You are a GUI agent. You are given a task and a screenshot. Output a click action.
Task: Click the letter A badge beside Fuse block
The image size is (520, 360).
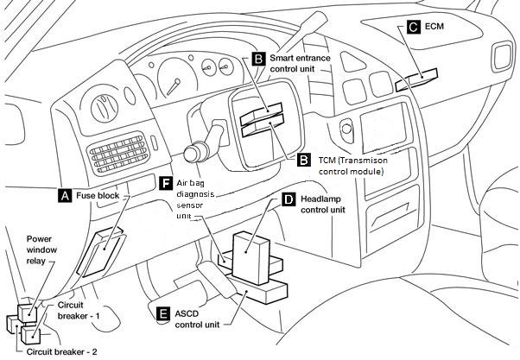(x=63, y=196)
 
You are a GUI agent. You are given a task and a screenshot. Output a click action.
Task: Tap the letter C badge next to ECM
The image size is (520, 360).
(x=413, y=28)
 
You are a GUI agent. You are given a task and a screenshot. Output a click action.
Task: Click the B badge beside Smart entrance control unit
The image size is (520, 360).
(x=258, y=59)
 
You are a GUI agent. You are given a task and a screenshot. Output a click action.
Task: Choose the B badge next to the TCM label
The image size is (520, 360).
(x=303, y=160)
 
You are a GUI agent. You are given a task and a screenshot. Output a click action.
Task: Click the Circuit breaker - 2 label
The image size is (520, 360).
(x=61, y=351)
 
